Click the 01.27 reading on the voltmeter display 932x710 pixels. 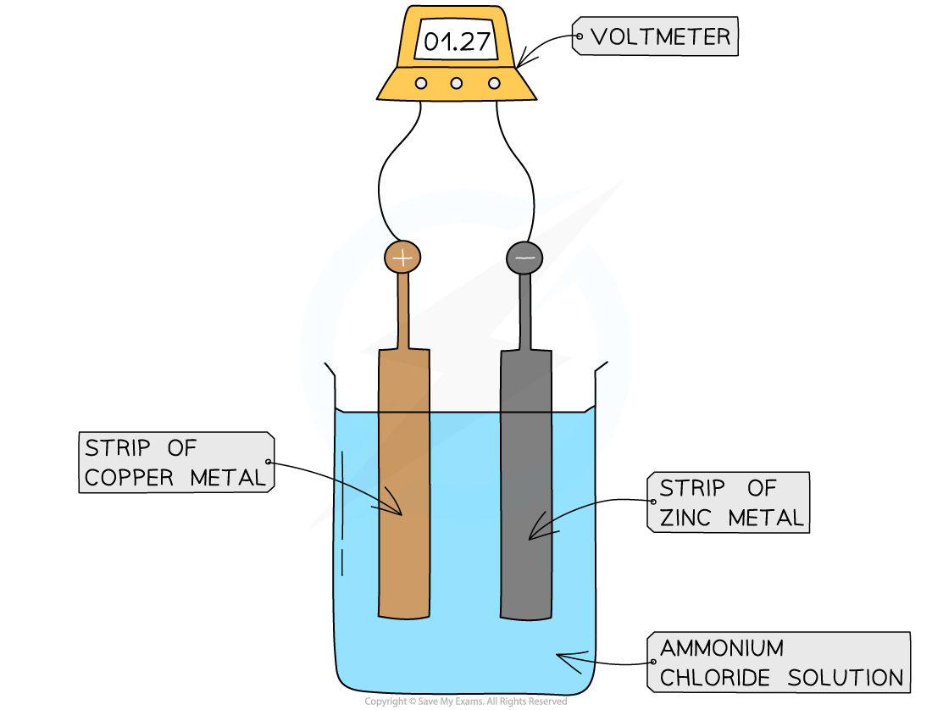pyautogui.click(x=456, y=42)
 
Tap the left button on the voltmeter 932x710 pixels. pyautogui.click(x=420, y=83)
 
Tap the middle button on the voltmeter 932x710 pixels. pyautogui.click(x=457, y=83)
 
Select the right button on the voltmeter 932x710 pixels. pyautogui.click(x=494, y=83)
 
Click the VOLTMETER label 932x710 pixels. pyautogui.click(x=660, y=36)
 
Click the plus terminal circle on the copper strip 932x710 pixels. pyautogui.click(x=402, y=257)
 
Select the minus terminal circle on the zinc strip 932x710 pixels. pyautogui.click(x=524, y=257)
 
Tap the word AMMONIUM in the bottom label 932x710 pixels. pyautogui.click(x=722, y=648)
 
